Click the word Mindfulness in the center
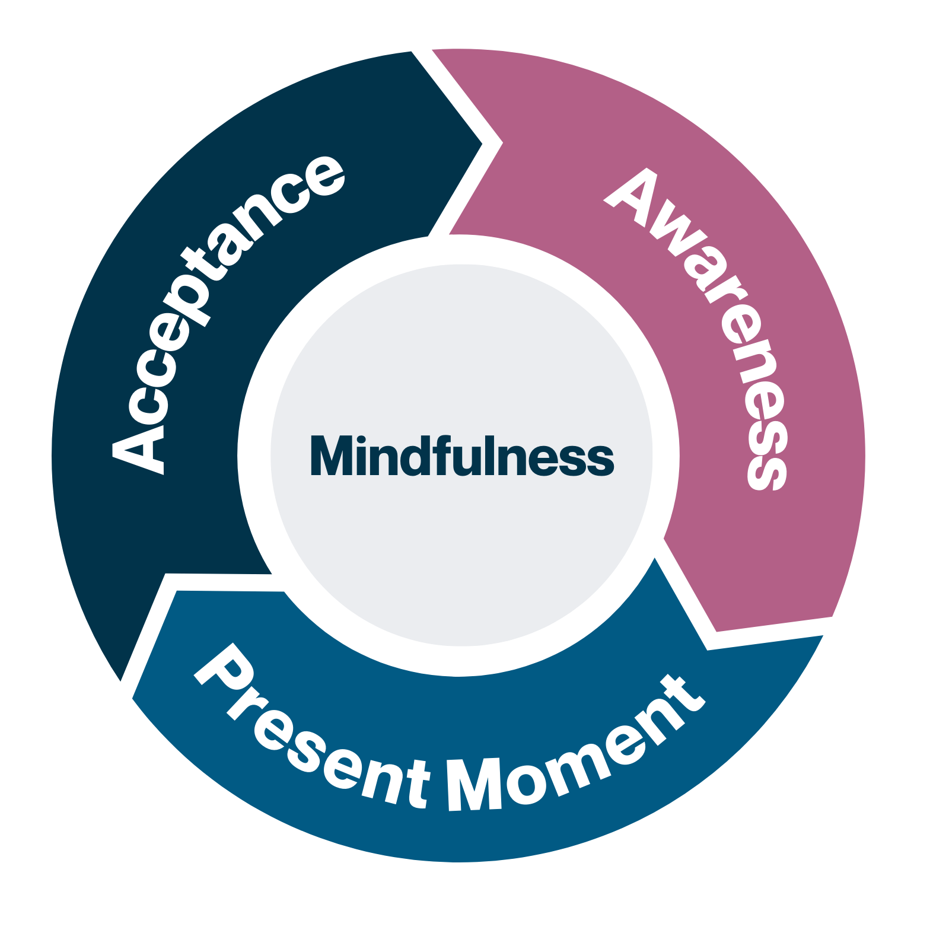point(462,456)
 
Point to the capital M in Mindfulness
point(332,456)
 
